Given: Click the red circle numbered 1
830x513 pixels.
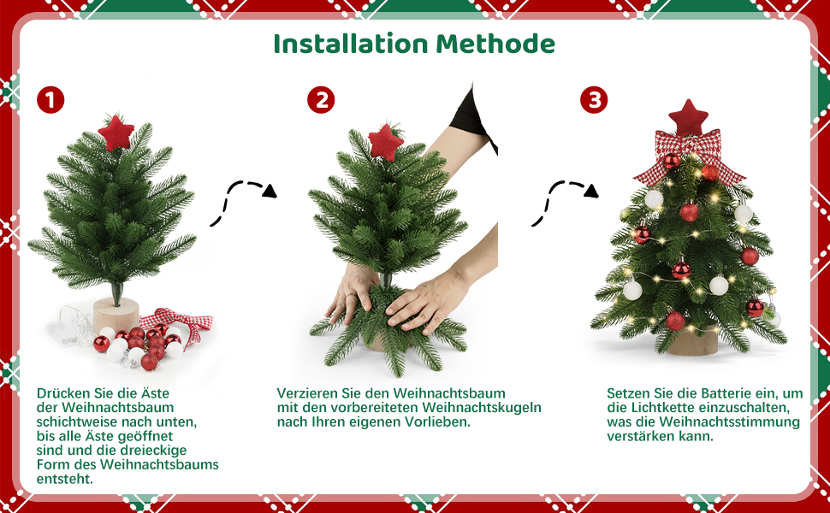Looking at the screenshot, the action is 50,100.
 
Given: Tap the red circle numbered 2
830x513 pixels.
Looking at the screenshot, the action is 321,100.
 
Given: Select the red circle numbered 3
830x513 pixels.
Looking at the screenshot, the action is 594,100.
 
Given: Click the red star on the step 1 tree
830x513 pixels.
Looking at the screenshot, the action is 116,133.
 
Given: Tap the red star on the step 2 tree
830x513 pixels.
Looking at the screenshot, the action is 386,142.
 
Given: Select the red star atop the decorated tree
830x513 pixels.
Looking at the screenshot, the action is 688,117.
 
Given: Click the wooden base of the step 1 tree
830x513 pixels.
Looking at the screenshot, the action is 116,315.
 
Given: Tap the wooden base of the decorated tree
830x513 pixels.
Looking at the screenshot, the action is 692,342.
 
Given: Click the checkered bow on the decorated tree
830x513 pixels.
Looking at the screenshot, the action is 688,156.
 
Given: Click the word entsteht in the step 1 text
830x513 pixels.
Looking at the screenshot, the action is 64,479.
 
